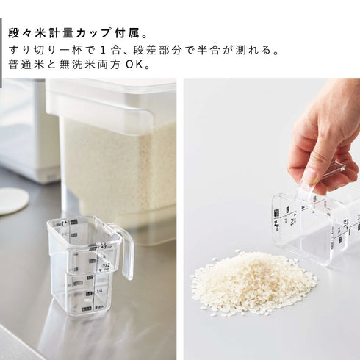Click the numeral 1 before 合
(104, 50)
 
